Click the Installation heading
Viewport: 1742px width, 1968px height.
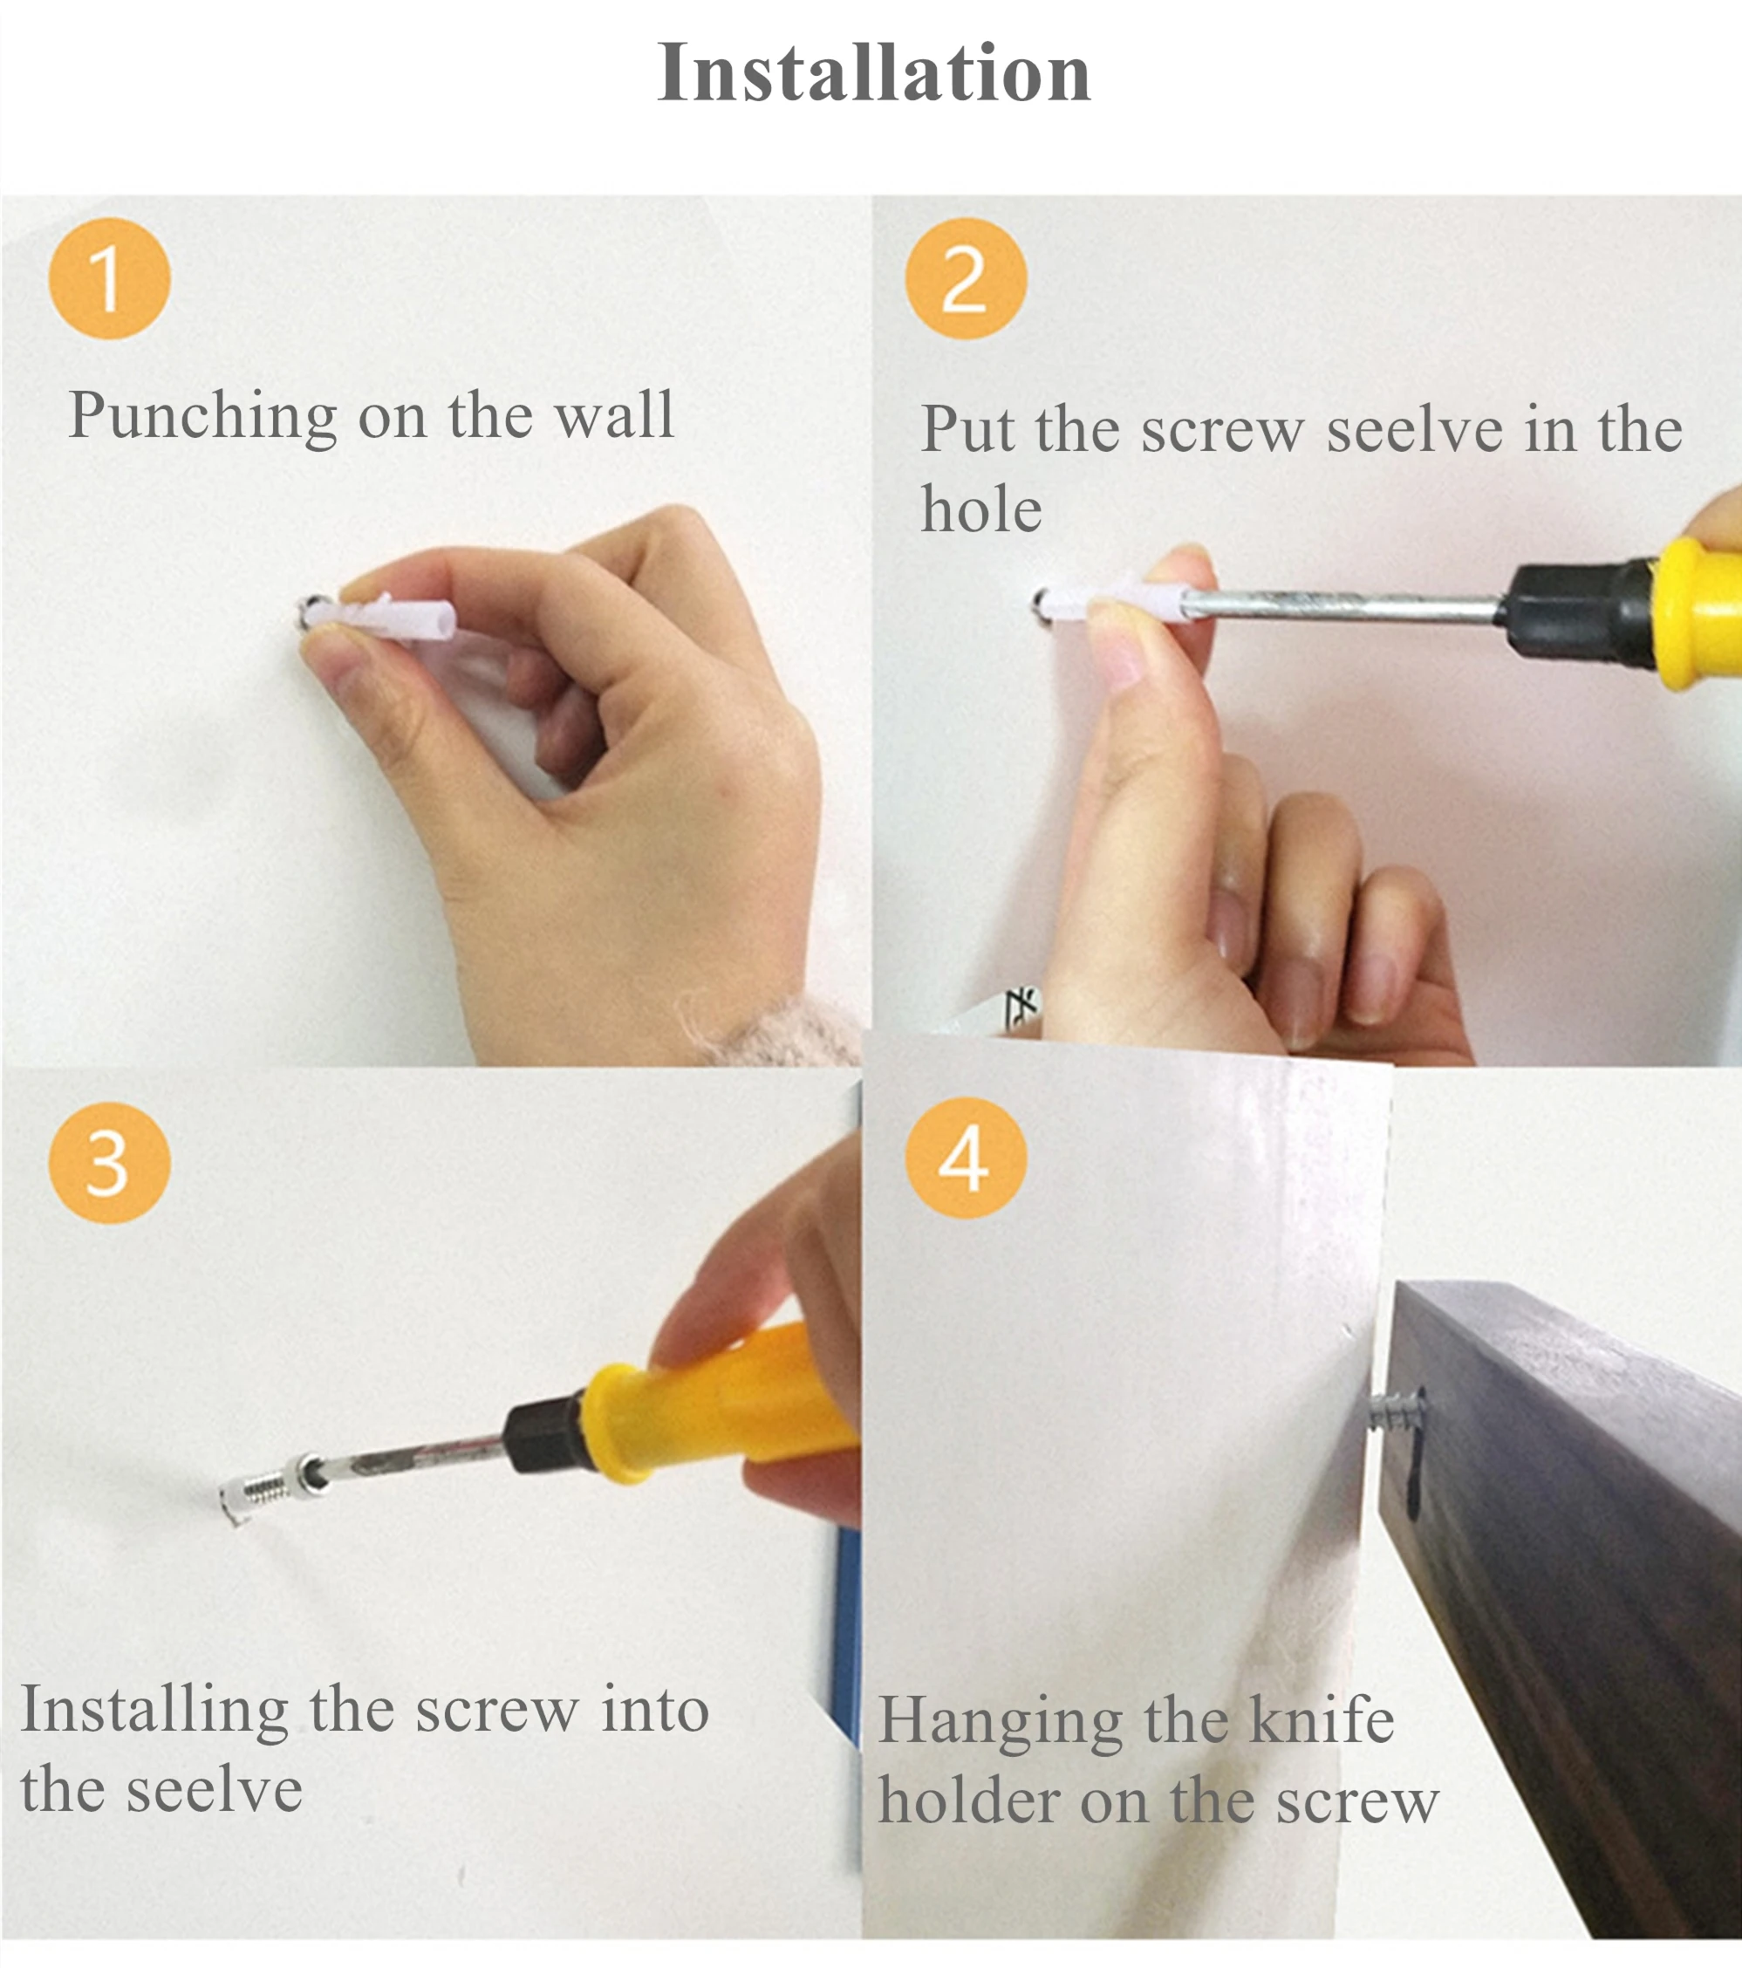[873, 72]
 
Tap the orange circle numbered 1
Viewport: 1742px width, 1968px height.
[110, 278]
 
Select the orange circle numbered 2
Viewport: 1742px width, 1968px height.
[966, 278]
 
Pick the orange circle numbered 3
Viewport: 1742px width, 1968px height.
[110, 1163]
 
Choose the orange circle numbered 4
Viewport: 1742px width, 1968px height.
[966, 1158]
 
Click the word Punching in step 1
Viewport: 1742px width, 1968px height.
[203, 417]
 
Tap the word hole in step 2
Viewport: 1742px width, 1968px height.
[981, 509]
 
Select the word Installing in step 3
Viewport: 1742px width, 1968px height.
[154, 1711]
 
